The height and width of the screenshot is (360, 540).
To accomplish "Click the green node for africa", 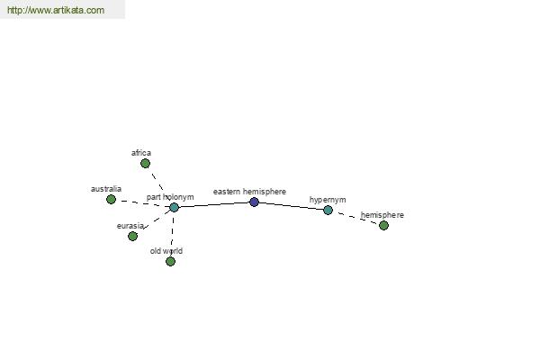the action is point(145,163).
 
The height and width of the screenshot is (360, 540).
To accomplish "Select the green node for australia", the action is point(111,199).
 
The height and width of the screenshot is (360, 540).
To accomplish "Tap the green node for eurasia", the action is point(132,236).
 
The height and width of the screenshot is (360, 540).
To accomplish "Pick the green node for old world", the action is point(170,261).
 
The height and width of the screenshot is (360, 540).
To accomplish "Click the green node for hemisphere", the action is point(383,225).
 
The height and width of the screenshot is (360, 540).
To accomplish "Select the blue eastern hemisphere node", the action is point(254,202).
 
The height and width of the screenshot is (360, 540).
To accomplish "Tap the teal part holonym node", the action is point(175,207).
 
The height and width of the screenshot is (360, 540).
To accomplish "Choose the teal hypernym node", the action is point(328,210).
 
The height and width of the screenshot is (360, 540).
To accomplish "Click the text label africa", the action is point(141,153).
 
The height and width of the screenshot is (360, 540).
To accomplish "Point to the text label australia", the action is point(106,189).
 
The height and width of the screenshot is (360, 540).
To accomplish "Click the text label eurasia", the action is point(130,226).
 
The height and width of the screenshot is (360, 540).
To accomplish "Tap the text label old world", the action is point(166,251).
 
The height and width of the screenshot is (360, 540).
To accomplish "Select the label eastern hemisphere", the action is point(249,192).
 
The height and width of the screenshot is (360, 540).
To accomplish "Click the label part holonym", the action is point(170,197).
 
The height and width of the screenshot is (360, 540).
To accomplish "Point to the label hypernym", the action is point(328,200).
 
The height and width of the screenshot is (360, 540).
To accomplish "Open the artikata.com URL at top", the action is point(56,10).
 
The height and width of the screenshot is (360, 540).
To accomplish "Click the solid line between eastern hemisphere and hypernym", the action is point(291,205).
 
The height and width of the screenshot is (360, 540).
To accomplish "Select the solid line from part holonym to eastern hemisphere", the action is point(214,204).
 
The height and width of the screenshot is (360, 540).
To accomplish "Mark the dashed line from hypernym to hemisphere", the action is point(355,218).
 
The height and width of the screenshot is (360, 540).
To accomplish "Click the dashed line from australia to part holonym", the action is point(142,203).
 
